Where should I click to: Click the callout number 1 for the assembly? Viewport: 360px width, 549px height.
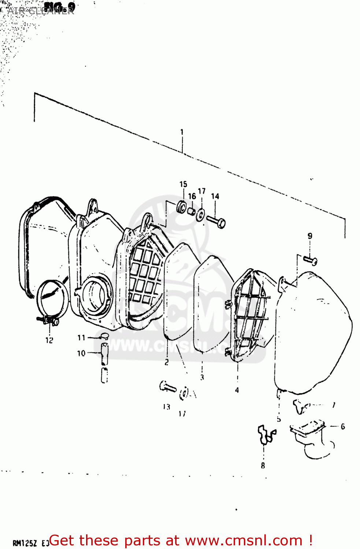click(182, 132)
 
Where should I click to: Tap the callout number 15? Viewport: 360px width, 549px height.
click(183, 184)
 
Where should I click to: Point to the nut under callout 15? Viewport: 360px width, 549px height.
click(181, 207)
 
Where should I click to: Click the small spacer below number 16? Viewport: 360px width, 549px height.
click(191, 211)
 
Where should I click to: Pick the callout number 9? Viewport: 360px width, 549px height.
click(310, 236)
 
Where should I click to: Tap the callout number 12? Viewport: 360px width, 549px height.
click(49, 340)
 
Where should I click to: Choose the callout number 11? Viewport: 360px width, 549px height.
click(81, 337)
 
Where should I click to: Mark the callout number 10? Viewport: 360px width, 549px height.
click(81, 353)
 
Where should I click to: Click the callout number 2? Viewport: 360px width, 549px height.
click(167, 362)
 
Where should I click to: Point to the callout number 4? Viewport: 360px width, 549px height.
click(237, 390)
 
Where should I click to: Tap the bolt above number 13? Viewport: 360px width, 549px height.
click(168, 387)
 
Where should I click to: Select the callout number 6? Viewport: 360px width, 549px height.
click(343, 426)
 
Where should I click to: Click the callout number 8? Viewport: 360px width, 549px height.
click(263, 466)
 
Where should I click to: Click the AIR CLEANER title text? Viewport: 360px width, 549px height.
click(40, 11)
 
